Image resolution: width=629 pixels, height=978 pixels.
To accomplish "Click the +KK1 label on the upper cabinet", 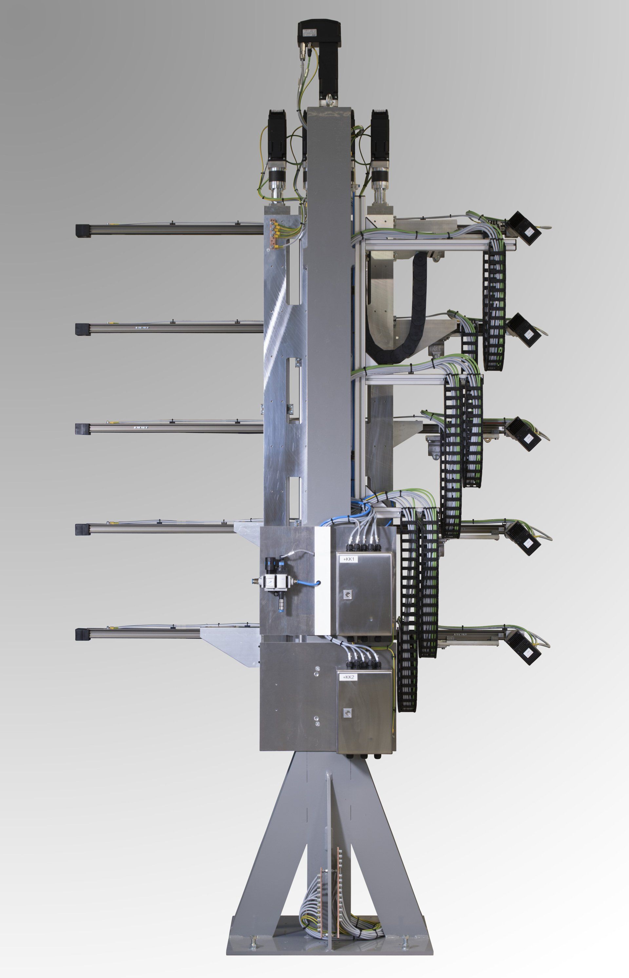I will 350,559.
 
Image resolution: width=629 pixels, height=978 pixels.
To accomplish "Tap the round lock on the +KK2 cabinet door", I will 348,712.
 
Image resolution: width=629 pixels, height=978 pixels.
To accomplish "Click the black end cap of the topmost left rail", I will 83,230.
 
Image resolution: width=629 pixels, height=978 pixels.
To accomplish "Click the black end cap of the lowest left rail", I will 83,634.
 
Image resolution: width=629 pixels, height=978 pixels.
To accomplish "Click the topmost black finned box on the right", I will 524,228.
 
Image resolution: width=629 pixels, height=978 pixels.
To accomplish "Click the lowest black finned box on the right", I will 524,647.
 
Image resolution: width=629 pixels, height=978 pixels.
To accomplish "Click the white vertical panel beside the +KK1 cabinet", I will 323,580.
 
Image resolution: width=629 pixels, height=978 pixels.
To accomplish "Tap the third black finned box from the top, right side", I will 524,434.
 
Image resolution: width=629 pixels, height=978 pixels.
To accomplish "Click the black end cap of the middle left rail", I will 83,429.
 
